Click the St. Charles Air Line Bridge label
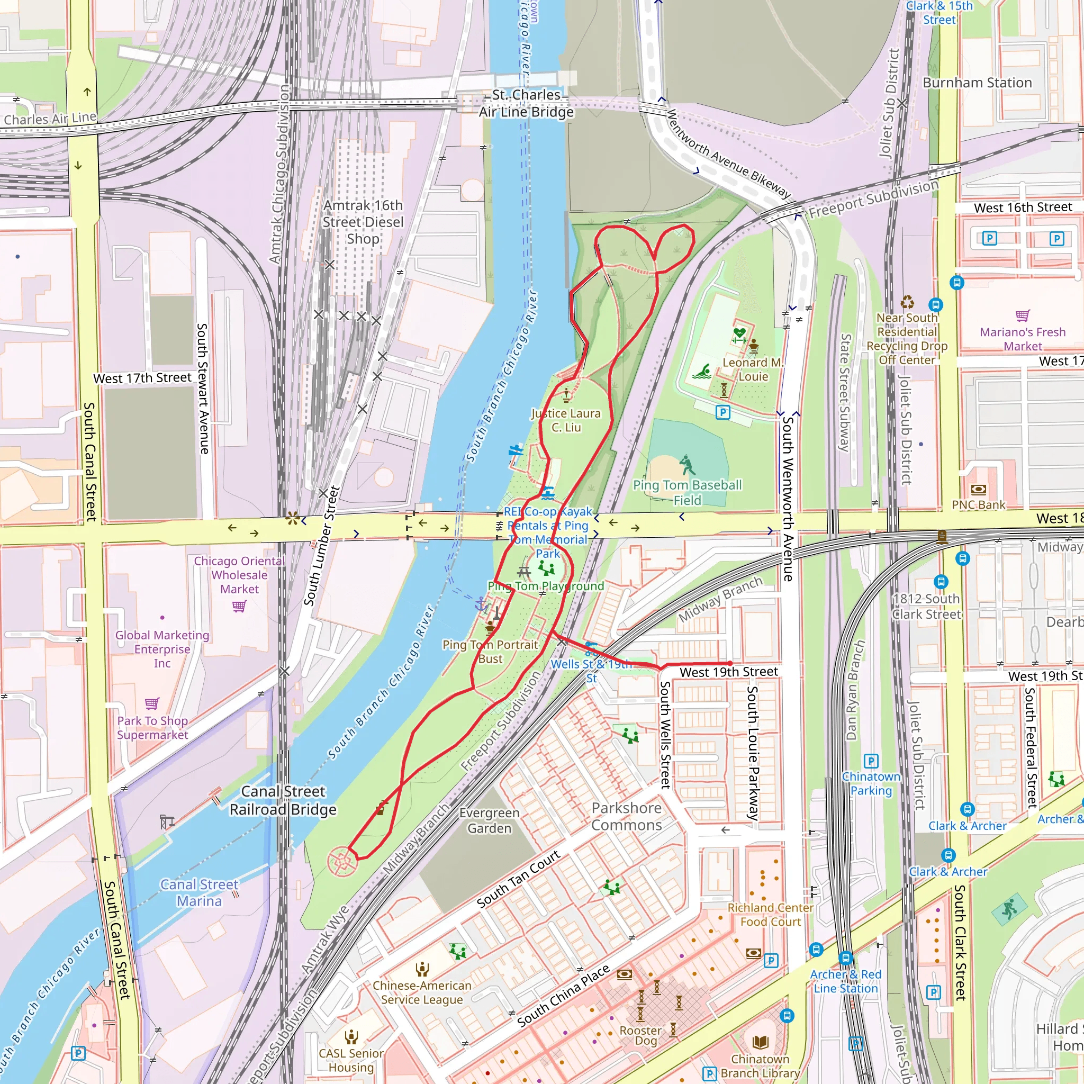tap(526, 103)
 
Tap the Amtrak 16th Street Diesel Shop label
tap(363, 222)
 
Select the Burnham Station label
tap(977, 83)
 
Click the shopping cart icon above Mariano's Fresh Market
tap(1022, 315)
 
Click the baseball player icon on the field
tap(686, 465)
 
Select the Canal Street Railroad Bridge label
tap(283, 800)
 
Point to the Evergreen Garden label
tap(489, 820)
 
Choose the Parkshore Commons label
tap(626, 816)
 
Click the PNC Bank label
tap(979, 504)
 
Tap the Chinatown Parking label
tap(871, 783)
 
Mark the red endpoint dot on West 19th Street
tap(730, 663)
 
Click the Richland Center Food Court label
tap(770, 915)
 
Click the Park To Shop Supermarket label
tap(152, 727)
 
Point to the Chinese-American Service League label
tap(422, 992)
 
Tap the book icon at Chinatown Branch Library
tap(760, 1042)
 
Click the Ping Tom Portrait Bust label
tap(490, 652)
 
